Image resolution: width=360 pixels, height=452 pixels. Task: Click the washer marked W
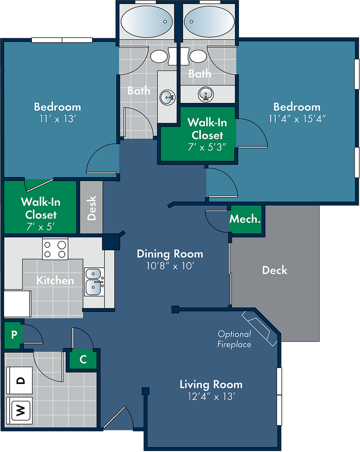(19, 410)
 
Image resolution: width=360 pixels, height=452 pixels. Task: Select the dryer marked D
(19, 380)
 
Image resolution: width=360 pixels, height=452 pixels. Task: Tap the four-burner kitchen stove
(55, 249)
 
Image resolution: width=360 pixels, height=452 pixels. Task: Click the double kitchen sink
(94, 282)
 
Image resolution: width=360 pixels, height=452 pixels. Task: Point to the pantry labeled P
(14, 335)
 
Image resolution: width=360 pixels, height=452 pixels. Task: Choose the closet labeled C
(83, 359)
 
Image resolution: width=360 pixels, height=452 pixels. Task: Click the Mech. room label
(245, 219)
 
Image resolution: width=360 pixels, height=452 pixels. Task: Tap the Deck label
(275, 270)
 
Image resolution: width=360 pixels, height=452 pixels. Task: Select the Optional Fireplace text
(234, 339)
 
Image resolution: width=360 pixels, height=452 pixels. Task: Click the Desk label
(91, 208)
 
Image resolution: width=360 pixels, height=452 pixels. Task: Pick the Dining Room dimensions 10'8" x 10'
(170, 266)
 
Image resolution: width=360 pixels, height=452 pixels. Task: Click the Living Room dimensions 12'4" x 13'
(211, 396)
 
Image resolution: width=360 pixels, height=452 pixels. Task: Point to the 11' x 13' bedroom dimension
(57, 119)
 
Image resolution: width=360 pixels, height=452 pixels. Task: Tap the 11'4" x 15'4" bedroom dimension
(297, 119)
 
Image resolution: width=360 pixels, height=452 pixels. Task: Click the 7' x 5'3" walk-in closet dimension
(207, 147)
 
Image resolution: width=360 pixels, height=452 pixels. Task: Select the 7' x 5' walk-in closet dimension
(41, 227)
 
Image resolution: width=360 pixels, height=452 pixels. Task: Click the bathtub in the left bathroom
(147, 22)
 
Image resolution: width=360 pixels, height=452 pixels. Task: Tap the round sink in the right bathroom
(206, 94)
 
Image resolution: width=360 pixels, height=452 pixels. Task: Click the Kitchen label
(55, 280)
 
